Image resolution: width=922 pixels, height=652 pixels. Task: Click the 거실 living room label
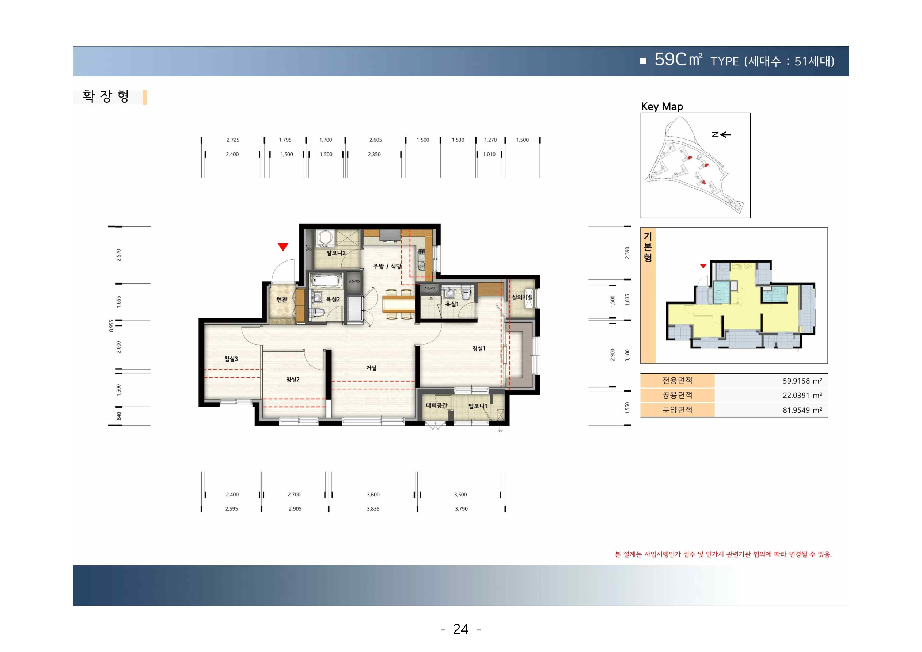371,368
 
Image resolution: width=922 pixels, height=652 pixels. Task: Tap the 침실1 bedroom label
479,348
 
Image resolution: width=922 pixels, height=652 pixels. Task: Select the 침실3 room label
231,359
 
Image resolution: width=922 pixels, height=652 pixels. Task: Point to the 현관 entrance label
281,300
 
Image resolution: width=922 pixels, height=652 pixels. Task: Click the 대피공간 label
436,405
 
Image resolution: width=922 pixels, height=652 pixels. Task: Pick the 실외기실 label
522,297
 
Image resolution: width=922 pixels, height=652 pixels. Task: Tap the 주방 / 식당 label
387,266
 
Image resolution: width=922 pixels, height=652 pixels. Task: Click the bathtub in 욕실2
326,281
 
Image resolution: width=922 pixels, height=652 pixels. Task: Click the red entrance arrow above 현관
283,247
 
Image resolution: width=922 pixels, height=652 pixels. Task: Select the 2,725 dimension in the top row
233,140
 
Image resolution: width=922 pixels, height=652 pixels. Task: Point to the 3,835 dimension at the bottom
373,509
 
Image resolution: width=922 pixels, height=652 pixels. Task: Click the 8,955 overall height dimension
111,325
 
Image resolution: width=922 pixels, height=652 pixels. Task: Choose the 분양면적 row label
677,410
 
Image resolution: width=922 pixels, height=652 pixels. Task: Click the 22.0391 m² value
802,396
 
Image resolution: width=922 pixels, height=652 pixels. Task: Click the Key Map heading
662,106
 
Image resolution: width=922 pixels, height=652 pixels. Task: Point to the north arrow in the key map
721,134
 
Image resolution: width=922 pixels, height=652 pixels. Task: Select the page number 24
460,629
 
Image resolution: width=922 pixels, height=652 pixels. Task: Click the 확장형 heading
106,96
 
